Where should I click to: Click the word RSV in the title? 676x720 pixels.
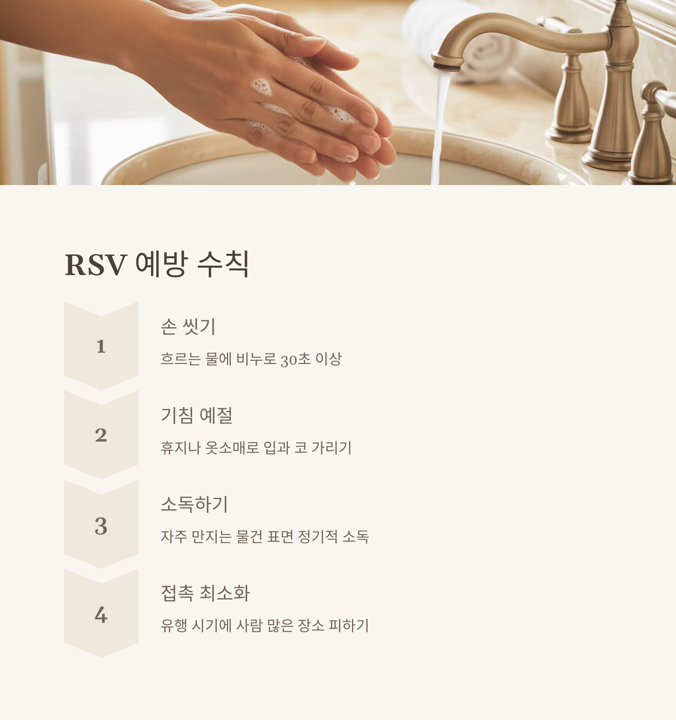(96, 265)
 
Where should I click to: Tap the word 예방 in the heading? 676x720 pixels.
(161, 264)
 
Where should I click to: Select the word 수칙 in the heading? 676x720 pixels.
(223, 264)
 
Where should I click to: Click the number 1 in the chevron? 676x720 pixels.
(101, 346)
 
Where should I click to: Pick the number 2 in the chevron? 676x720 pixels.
(101, 435)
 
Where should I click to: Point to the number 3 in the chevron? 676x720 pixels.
(101, 526)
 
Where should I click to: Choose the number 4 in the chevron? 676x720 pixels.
(101, 615)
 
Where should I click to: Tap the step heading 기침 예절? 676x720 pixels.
(196, 415)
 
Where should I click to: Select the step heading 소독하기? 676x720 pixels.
(194, 504)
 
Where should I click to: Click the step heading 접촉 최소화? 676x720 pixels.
(205, 593)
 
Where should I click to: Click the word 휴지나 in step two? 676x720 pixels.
(181, 448)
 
